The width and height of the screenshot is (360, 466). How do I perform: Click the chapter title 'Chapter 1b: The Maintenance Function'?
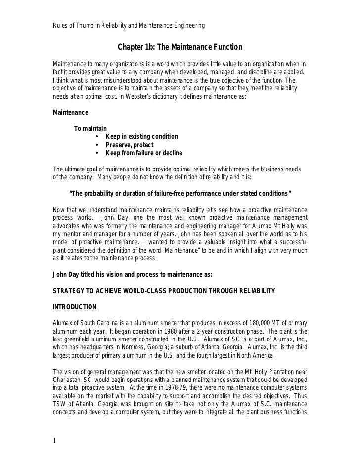pos(180,48)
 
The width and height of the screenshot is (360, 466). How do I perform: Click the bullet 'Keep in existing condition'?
pos(142,136)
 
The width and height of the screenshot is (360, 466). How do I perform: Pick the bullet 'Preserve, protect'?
pos(130,145)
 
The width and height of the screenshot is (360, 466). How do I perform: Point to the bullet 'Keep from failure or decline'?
pos(144,153)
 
